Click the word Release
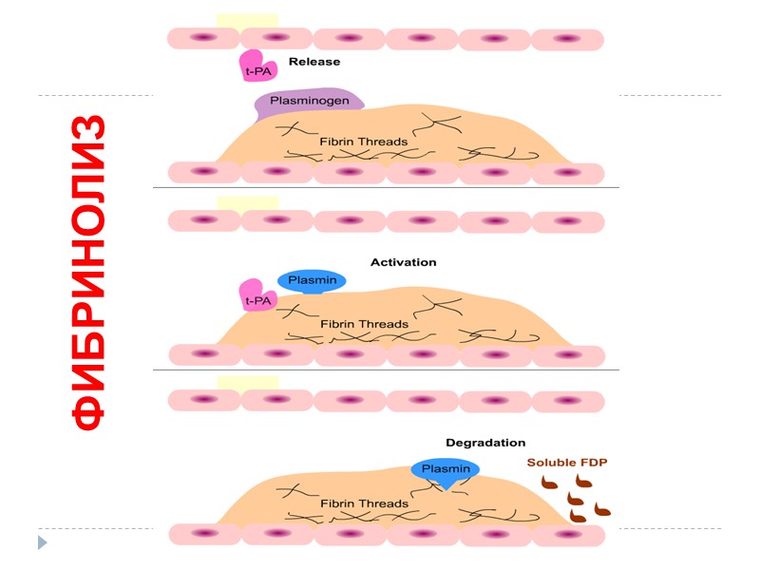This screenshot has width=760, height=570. coord(313,62)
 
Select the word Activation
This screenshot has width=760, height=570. coord(403,261)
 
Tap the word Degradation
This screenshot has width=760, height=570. coord(485,443)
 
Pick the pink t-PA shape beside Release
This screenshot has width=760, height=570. coord(254,66)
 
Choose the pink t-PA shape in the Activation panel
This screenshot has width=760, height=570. coord(255,297)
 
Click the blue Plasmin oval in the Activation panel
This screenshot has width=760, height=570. coord(312,280)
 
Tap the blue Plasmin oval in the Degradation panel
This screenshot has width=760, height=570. coord(446,468)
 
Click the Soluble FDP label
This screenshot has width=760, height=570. coord(567,463)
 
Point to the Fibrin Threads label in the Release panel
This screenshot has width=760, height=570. coord(364,142)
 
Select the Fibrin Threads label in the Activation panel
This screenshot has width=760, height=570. coord(364,324)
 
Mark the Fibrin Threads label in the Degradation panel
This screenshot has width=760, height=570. coord(364,503)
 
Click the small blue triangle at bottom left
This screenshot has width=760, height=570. coord(42,543)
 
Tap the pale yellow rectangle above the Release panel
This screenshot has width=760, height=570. coord(247,20)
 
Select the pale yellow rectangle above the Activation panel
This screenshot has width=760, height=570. coord(247,201)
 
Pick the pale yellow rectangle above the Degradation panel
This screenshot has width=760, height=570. coord(247,381)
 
